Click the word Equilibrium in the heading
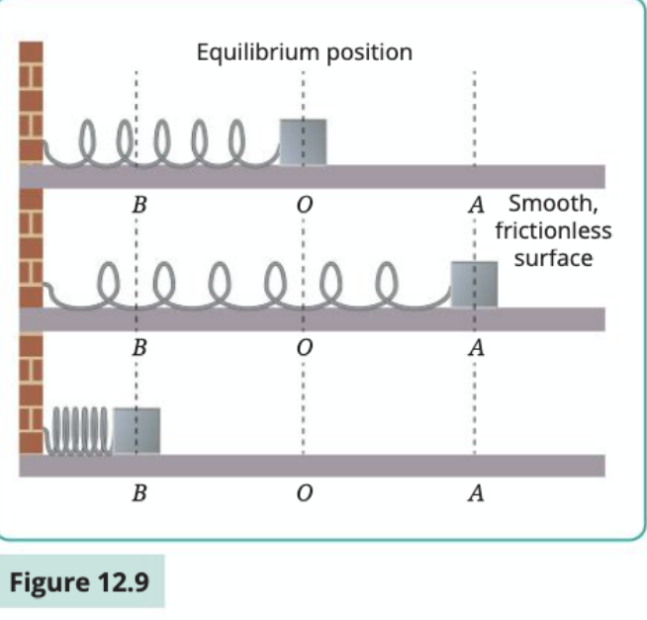[x=258, y=52]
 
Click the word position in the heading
[x=369, y=54]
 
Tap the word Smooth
[x=553, y=204]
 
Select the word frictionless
[x=553, y=230]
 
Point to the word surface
[x=553, y=259]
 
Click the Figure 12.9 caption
[x=79, y=582]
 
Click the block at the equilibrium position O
[x=304, y=142]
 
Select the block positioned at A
[x=474, y=285]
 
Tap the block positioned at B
[x=137, y=431]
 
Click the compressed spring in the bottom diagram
[x=78, y=431]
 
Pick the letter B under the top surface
[x=139, y=204]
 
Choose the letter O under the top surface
[x=305, y=204]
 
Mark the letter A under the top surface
[x=476, y=204]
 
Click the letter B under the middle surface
[x=139, y=347]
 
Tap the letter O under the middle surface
[x=305, y=347]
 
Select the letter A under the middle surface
[x=476, y=347]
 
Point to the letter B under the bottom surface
[x=139, y=492]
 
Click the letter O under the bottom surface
[x=305, y=492]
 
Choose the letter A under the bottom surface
[x=476, y=492]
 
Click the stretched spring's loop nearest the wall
[x=108, y=264]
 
